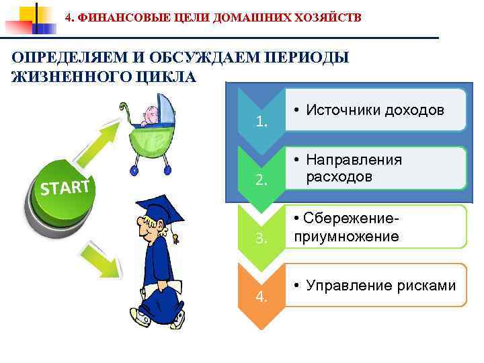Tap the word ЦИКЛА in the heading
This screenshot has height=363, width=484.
point(165,77)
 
